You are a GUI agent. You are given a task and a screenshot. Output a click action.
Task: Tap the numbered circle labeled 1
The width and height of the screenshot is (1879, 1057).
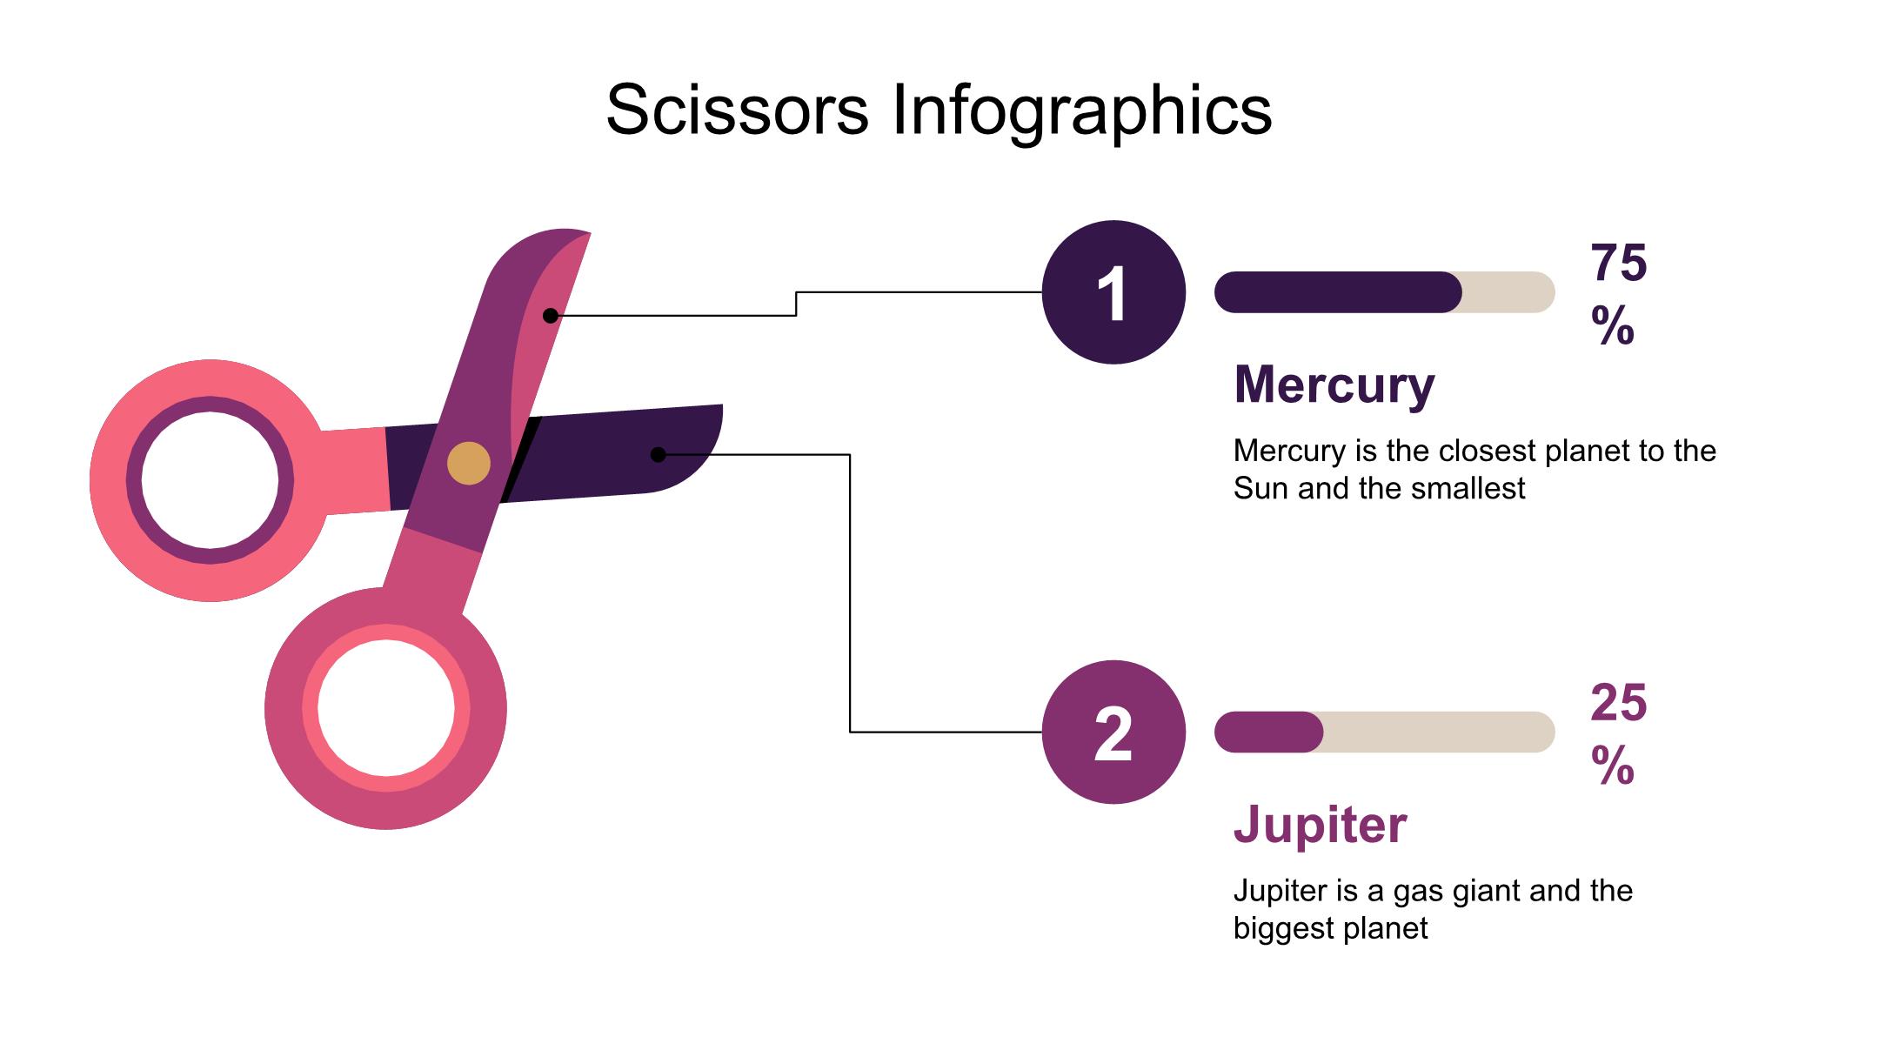coord(1113,292)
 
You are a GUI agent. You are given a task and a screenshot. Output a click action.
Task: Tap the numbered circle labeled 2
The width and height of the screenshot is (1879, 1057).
coord(1113,733)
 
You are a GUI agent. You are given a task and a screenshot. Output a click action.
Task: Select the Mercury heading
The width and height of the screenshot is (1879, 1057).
coord(1334,384)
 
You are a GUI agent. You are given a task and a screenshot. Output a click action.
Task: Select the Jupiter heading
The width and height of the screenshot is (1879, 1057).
coord(1320,824)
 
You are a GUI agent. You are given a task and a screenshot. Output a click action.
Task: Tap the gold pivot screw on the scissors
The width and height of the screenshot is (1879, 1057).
coord(469,463)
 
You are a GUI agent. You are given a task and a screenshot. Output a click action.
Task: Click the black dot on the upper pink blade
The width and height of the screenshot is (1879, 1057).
coord(551,316)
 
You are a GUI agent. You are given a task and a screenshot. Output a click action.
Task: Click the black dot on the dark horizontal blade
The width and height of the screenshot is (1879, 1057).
coord(659,454)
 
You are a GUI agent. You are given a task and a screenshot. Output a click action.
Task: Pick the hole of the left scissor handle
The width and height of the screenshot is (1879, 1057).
coord(210,481)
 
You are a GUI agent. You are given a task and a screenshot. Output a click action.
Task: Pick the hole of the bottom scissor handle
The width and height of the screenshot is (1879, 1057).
coord(385,708)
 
